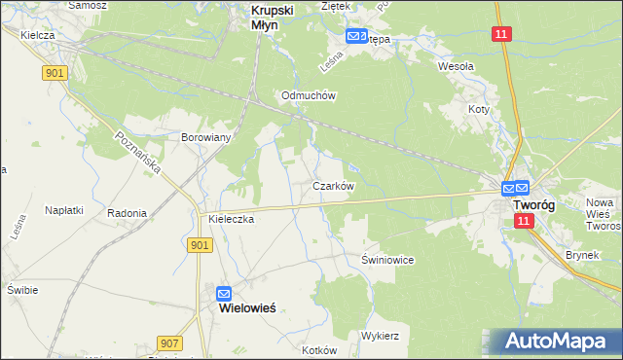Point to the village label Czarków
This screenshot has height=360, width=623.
tap(333, 185)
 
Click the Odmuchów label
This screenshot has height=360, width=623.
tap(308, 95)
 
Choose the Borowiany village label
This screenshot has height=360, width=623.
tap(205, 137)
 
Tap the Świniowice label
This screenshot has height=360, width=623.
tap(388, 260)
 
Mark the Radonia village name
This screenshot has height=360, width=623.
tap(128, 213)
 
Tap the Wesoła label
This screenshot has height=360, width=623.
tap(456, 67)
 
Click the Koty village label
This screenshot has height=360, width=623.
tap(478, 110)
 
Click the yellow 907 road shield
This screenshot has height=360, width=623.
tap(169, 343)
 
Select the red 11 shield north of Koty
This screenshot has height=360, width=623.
tap(500, 34)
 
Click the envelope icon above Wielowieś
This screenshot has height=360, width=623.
tap(224, 292)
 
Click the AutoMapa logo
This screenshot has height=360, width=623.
tap(556, 342)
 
